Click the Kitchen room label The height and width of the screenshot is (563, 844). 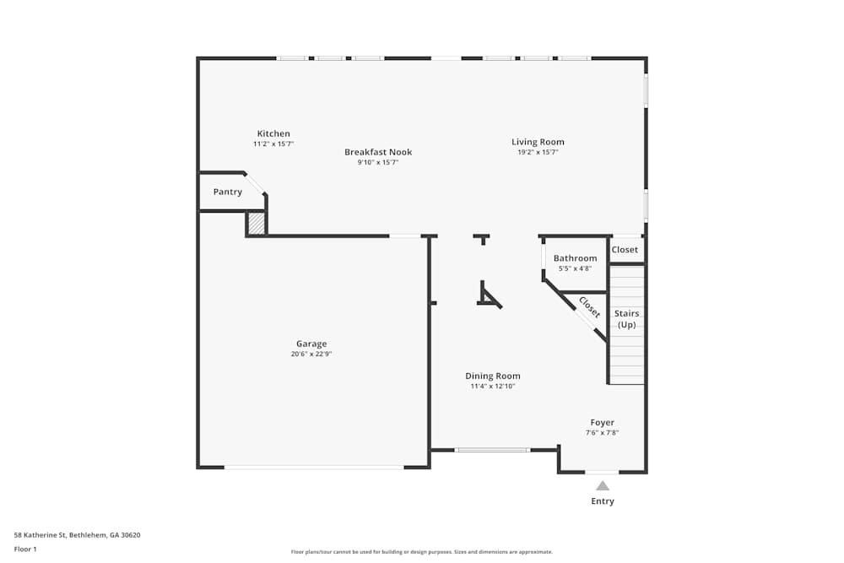click(x=273, y=133)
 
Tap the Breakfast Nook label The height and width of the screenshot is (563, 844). click(x=378, y=152)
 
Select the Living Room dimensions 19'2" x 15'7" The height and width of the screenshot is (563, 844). click(x=538, y=153)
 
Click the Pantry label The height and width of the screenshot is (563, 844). click(x=227, y=192)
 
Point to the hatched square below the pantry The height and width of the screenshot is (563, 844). click(x=256, y=224)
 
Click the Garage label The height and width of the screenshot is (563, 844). click(x=311, y=344)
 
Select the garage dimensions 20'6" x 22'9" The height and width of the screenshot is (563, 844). click(x=311, y=355)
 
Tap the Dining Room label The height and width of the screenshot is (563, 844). click(x=493, y=376)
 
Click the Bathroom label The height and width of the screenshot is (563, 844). click(x=575, y=258)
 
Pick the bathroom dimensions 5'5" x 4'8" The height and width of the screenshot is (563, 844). click(x=575, y=268)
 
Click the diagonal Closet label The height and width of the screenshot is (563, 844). click(x=589, y=308)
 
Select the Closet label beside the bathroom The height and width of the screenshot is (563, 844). click(x=625, y=250)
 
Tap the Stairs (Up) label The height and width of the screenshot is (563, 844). click(x=626, y=319)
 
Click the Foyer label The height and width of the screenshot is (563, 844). click(x=602, y=422)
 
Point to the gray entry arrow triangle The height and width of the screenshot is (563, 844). click(x=603, y=486)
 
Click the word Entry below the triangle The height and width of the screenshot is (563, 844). click(x=603, y=501)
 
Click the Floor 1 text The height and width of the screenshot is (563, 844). click(x=25, y=549)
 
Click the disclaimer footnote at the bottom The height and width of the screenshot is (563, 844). click(x=422, y=552)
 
